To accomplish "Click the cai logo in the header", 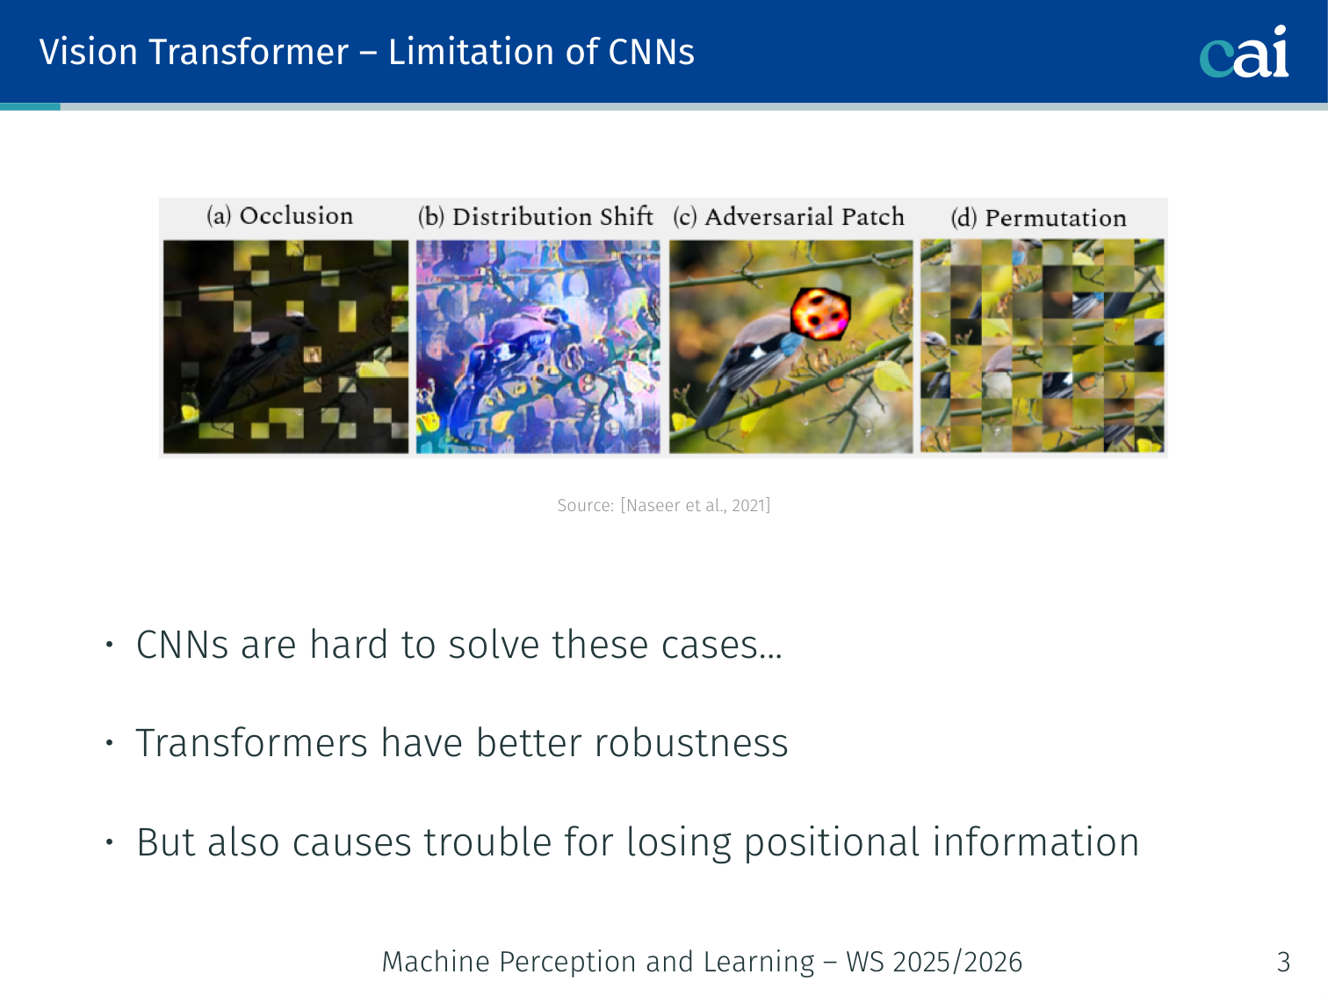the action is click(x=1244, y=52).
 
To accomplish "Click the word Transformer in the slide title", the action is click(x=249, y=52).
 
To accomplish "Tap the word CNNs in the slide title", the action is click(x=651, y=52).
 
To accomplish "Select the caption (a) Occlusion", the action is click(x=279, y=216).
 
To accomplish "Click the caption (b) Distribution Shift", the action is click(x=536, y=216).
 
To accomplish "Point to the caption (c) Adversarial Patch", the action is click(x=789, y=216).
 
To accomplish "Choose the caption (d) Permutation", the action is click(x=1038, y=218).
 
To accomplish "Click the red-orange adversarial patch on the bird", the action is click(x=820, y=314).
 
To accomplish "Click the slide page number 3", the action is click(x=1283, y=962).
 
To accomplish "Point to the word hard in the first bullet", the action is click(x=349, y=644).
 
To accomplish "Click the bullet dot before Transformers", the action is click(x=110, y=743).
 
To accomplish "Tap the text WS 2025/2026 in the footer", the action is click(x=935, y=962).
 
